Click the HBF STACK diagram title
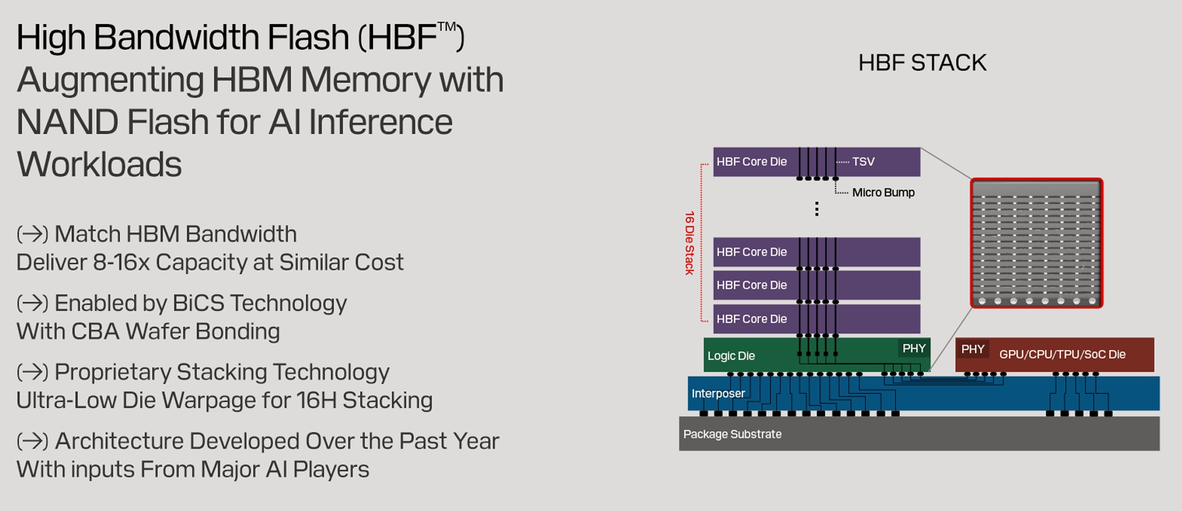pyautogui.click(x=922, y=63)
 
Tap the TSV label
pyautogui.click(x=863, y=162)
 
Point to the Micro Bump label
pyautogui.click(x=883, y=193)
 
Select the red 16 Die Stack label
pyautogui.click(x=689, y=243)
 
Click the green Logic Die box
pyautogui.click(x=817, y=354)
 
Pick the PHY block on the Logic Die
pyautogui.click(x=914, y=348)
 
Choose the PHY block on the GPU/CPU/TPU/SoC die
pyautogui.click(x=973, y=349)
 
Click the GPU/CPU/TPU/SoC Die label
pyautogui.click(x=1062, y=354)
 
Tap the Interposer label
pyautogui.click(x=718, y=393)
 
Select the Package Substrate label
pyautogui.click(x=732, y=434)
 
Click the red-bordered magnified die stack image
pyautogui.click(x=1036, y=243)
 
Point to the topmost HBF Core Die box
pyautogui.click(x=816, y=162)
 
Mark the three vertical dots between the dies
pyautogui.click(x=817, y=209)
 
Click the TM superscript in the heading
pyautogui.click(x=447, y=27)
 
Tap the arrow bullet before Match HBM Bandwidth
pyautogui.click(x=32, y=234)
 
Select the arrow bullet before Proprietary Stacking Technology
pyautogui.click(x=32, y=372)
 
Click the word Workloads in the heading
pyautogui.click(x=99, y=164)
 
